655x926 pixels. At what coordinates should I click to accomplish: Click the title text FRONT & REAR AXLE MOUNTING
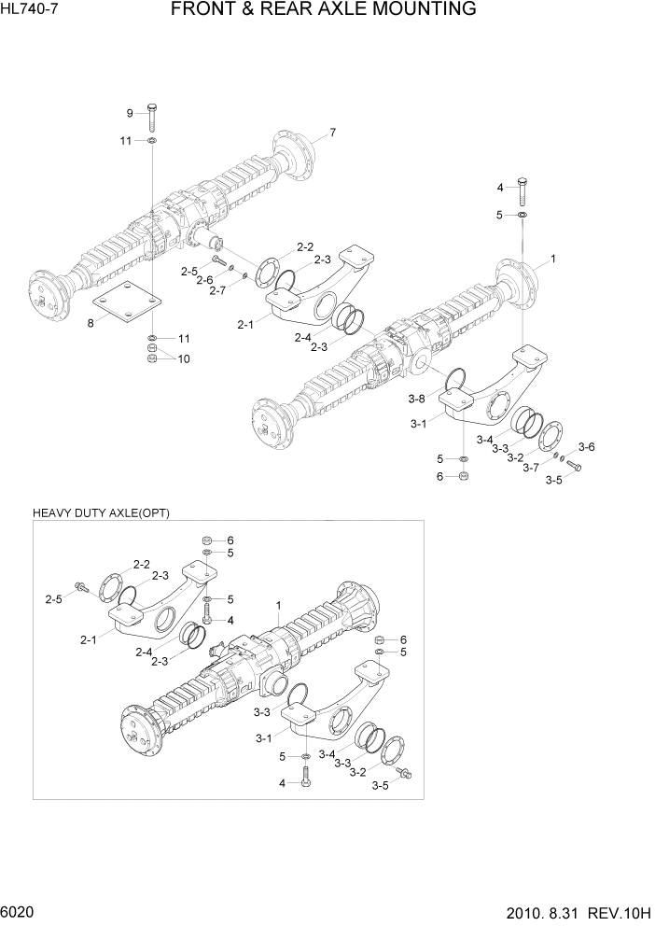(324, 10)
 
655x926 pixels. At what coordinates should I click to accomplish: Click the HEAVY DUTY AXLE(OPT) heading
(100, 513)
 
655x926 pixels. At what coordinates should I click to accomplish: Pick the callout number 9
(130, 114)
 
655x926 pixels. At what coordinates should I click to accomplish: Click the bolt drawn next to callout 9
(152, 116)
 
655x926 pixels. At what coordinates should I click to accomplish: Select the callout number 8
(91, 323)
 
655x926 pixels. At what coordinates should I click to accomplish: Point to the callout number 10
(183, 358)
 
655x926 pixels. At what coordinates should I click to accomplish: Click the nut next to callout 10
(152, 355)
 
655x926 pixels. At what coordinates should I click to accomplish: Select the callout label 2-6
(204, 280)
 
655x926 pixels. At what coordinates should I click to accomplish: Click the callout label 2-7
(217, 290)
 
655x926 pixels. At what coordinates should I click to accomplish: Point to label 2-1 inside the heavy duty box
(89, 639)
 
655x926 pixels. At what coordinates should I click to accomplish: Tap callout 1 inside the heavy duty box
(277, 606)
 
